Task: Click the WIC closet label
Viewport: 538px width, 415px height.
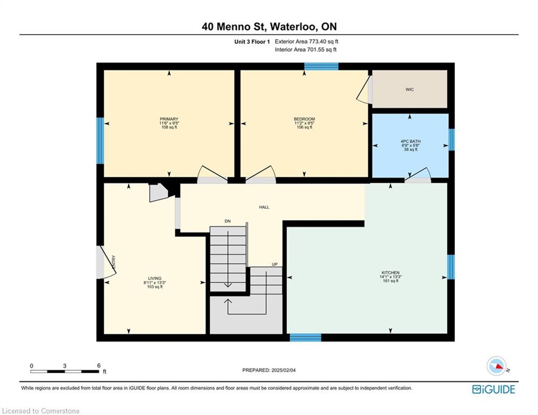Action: coord(409,90)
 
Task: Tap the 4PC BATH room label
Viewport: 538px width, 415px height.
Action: coord(410,142)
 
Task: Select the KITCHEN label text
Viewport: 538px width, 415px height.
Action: coord(390,273)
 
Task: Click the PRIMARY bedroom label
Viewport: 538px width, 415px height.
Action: coord(169,119)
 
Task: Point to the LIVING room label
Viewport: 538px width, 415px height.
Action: coord(155,278)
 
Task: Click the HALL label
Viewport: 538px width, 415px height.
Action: coord(264,207)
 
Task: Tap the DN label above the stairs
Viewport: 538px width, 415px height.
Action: coord(228,221)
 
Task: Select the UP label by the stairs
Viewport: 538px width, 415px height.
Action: coord(275,264)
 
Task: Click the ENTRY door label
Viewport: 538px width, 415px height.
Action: coord(114,262)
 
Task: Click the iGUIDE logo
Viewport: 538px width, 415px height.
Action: coord(494,389)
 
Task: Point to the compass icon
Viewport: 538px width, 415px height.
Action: coord(496,366)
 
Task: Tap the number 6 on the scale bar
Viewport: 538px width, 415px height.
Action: coord(99,366)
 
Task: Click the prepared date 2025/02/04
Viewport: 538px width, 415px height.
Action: coord(283,370)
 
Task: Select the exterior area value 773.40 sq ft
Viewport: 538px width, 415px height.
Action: coord(323,42)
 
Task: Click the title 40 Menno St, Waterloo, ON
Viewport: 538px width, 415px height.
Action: coord(269,26)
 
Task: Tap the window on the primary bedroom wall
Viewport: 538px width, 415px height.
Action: coord(100,141)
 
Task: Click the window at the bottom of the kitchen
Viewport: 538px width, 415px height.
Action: coord(305,338)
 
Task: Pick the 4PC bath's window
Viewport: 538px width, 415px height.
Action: coord(451,139)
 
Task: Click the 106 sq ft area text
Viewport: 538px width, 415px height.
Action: coord(304,127)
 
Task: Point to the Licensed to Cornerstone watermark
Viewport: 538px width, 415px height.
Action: coord(41,411)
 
